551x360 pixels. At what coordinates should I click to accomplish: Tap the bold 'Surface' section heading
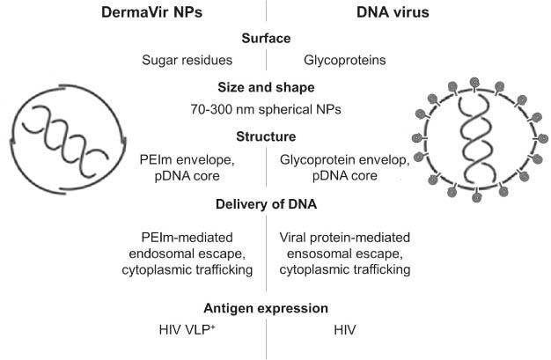(x=267, y=39)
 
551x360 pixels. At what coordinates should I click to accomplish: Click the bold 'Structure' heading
(x=267, y=136)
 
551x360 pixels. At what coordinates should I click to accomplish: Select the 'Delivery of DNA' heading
(x=267, y=207)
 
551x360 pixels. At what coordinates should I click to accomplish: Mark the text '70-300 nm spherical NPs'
(x=267, y=111)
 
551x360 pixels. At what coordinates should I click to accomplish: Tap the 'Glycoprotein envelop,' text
(x=338, y=160)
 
